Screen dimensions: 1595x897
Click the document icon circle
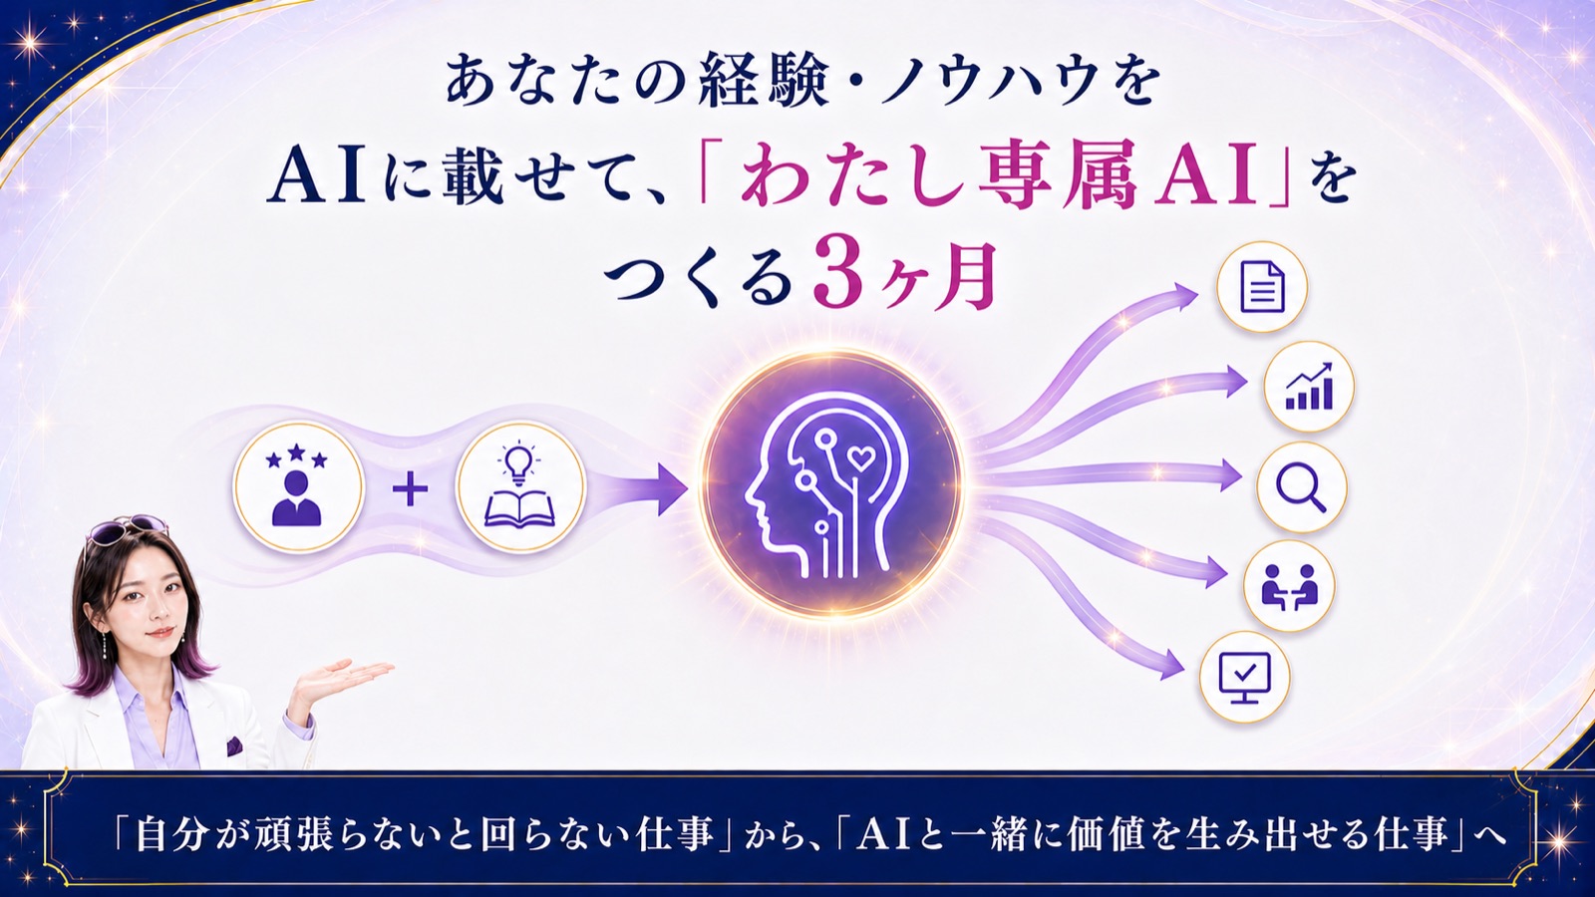point(1262,287)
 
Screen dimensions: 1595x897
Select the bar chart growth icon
point(1309,388)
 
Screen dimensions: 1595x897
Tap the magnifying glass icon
point(1302,487)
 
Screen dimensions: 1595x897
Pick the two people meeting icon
point(1289,587)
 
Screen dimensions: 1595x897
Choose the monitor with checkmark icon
point(1245,678)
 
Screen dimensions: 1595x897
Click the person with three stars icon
point(298,488)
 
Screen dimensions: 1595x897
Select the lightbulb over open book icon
point(519,488)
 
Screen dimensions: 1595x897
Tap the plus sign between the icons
point(410,490)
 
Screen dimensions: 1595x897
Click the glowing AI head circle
point(831,484)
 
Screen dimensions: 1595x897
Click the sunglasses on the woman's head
point(127,530)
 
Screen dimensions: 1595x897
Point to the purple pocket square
point(233,746)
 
